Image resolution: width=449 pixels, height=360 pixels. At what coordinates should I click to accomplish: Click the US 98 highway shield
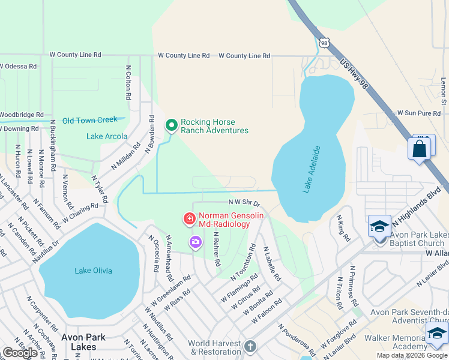[x=325, y=43]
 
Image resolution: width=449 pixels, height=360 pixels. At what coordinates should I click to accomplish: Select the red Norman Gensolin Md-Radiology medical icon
[x=190, y=220]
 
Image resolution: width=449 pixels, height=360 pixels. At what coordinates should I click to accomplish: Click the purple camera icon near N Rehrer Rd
[x=195, y=242]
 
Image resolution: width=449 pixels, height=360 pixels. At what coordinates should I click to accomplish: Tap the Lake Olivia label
[x=93, y=271]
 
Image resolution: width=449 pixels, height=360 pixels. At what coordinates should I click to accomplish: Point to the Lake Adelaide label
[x=312, y=169]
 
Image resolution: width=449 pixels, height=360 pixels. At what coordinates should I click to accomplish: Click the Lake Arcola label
[x=107, y=136]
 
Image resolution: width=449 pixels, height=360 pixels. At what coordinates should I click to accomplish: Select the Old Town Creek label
[x=90, y=120]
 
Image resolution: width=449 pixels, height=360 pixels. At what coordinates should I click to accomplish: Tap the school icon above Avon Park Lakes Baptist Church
[x=379, y=226]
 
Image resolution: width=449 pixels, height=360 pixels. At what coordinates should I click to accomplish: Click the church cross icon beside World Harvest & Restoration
[x=250, y=347]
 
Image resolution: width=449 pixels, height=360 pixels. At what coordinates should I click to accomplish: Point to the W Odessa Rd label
[x=19, y=66]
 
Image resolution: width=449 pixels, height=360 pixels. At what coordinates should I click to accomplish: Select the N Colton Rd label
[x=128, y=83]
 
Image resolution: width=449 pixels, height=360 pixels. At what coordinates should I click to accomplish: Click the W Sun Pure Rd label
[x=419, y=113]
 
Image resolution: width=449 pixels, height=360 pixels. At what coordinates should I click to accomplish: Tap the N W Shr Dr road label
[x=244, y=203]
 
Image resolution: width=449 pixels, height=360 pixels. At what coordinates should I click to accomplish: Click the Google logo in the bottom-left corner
[x=20, y=353]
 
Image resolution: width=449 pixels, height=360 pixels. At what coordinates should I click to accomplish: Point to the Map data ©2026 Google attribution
[x=412, y=355]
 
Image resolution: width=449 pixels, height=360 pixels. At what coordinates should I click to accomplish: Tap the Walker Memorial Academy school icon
[x=437, y=334]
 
